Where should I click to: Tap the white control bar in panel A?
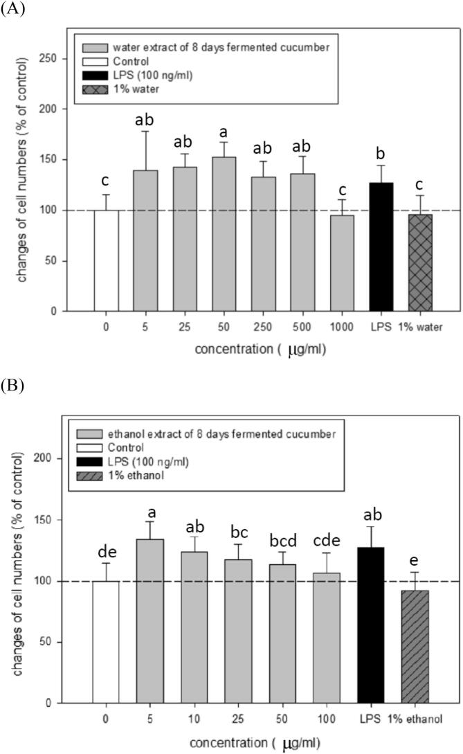[106, 260]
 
